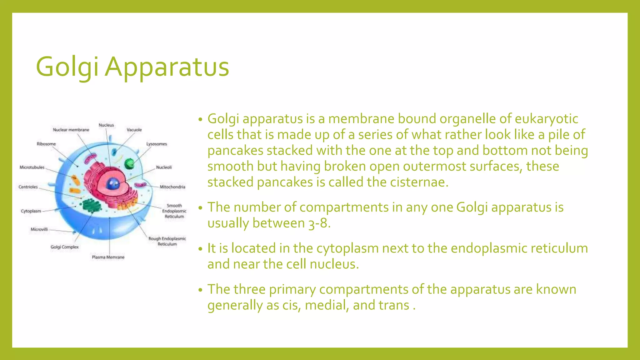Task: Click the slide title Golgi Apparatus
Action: [132, 67]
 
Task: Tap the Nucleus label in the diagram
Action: [106, 125]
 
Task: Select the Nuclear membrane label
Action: [71, 130]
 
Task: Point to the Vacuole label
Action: [134, 130]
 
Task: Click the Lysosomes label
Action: [157, 144]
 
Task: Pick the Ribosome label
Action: [46, 144]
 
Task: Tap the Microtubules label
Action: [32, 167]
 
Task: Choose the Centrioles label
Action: [28, 187]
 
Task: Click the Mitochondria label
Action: [172, 187]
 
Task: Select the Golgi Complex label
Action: [65, 247]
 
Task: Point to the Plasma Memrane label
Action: [108, 257]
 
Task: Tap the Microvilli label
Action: [39, 229]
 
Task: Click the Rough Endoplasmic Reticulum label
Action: [167, 241]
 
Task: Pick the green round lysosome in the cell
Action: [129, 164]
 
